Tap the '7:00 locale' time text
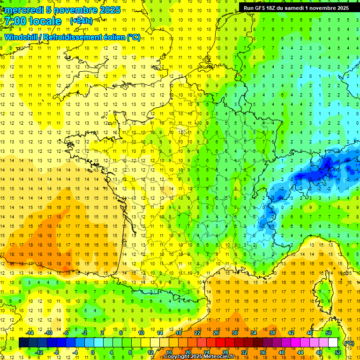point(33,21)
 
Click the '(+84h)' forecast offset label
point(81,21)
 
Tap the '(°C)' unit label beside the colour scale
point(349,343)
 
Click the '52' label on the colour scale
point(337,352)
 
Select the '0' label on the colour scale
point(93,352)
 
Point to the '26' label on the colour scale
point(216,333)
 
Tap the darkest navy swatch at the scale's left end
point(23,343)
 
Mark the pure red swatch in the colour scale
point(220,343)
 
